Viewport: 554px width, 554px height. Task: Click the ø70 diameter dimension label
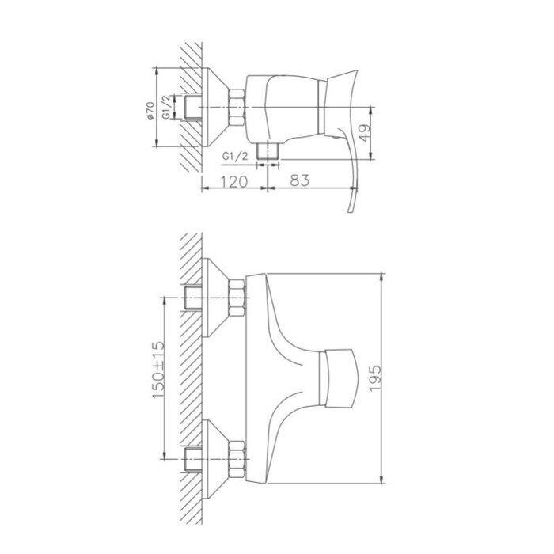pos(150,110)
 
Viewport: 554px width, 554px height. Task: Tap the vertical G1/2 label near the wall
pos(168,107)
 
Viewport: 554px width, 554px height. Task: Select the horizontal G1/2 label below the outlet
pos(235,156)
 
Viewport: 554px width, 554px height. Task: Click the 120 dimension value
pos(234,181)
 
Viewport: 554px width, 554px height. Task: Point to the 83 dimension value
pos(299,180)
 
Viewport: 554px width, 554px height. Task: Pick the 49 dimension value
pos(366,132)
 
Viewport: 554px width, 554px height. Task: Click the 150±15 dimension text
pos(158,370)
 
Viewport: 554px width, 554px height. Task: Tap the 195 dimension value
pos(375,378)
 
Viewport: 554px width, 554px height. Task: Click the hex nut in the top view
pos(237,107)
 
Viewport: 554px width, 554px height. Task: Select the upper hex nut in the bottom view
pos(237,298)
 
